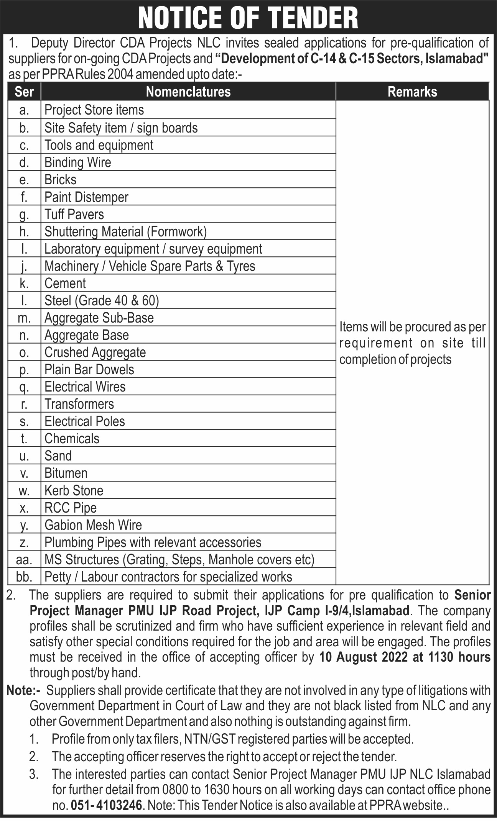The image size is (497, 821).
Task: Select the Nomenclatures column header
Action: click(x=188, y=92)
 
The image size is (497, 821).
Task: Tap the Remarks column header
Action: click(x=412, y=92)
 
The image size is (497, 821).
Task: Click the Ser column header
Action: click(x=24, y=92)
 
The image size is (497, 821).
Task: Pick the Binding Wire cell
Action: click(x=78, y=162)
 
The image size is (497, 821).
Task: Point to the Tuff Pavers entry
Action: click(x=74, y=214)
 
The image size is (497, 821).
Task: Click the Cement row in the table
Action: click(x=65, y=283)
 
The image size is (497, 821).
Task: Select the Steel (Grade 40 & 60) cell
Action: click(x=102, y=300)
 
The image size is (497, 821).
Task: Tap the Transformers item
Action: click(x=79, y=404)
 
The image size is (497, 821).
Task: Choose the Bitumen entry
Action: click(x=66, y=473)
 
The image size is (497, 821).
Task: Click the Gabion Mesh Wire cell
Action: click(x=93, y=525)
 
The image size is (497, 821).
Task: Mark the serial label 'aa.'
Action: click(x=24, y=560)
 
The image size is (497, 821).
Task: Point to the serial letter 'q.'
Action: click(x=24, y=387)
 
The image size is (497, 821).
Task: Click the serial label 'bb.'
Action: click(x=24, y=577)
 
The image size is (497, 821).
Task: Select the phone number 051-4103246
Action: click(x=106, y=805)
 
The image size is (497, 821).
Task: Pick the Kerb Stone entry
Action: click(x=74, y=490)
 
